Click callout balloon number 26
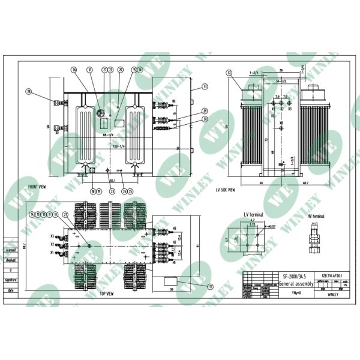74,70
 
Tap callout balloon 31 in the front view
91,70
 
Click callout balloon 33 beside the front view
205,87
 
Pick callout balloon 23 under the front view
112,191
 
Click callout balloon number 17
211,287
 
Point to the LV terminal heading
254,214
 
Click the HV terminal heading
316,215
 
